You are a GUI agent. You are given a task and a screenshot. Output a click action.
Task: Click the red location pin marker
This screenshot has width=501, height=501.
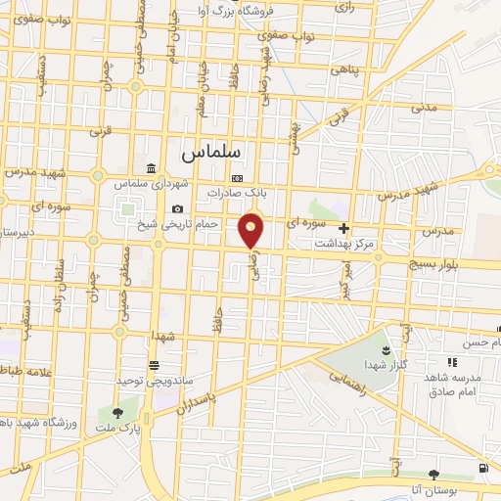coord(252,230)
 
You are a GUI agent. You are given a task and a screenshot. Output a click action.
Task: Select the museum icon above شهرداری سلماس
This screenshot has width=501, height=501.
coord(149,167)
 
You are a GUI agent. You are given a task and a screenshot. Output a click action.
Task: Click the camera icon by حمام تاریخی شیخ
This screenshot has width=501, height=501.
coord(177,208)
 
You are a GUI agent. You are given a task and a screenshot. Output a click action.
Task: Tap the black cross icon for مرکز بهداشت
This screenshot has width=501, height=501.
coord(343,228)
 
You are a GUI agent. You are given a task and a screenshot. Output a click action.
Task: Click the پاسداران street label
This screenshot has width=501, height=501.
coord(212,399)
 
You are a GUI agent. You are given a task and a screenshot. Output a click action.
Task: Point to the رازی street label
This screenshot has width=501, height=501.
coord(345,6)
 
